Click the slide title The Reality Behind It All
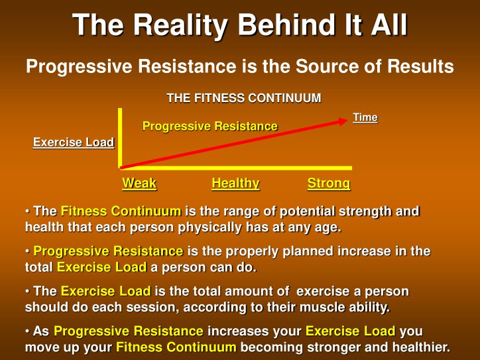[x=239, y=26]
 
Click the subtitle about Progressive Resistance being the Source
[x=239, y=67]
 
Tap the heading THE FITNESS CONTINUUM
[x=243, y=98]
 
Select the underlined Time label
[x=365, y=117]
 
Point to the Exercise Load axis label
[x=74, y=143]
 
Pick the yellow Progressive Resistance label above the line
[x=210, y=126]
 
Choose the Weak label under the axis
[x=139, y=184]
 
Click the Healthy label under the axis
[x=235, y=184]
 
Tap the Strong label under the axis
[x=328, y=184]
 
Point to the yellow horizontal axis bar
[x=235, y=168]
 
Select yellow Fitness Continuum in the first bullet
[x=121, y=211]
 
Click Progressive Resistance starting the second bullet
[x=108, y=251]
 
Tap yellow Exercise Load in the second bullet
[x=101, y=268]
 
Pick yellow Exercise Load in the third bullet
[x=105, y=292]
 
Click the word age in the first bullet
[x=326, y=227]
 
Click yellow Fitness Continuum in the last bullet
[x=176, y=347]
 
